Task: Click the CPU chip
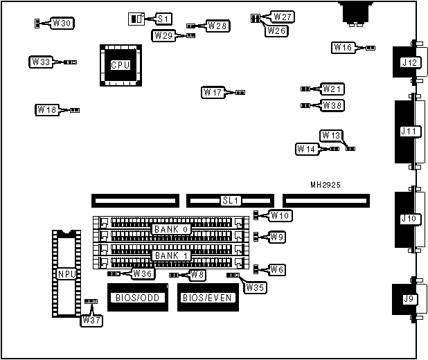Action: click(x=120, y=65)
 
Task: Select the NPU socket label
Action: click(x=66, y=273)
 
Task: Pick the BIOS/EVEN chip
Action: click(x=206, y=298)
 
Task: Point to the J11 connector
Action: click(x=410, y=132)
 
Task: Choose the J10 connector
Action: click(x=410, y=219)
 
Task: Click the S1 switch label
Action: click(x=163, y=19)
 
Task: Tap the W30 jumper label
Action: click(x=62, y=24)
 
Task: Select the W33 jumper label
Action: click(x=40, y=62)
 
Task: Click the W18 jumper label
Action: click(x=47, y=109)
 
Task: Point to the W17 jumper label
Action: click(x=213, y=92)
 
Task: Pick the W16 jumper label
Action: click(x=344, y=48)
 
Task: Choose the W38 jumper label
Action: click(x=332, y=106)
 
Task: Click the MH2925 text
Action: click(x=326, y=186)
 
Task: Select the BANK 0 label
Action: click(x=170, y=229)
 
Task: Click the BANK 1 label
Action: click(x=170, y=255)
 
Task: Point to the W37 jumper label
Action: click(x=91, y=321)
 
